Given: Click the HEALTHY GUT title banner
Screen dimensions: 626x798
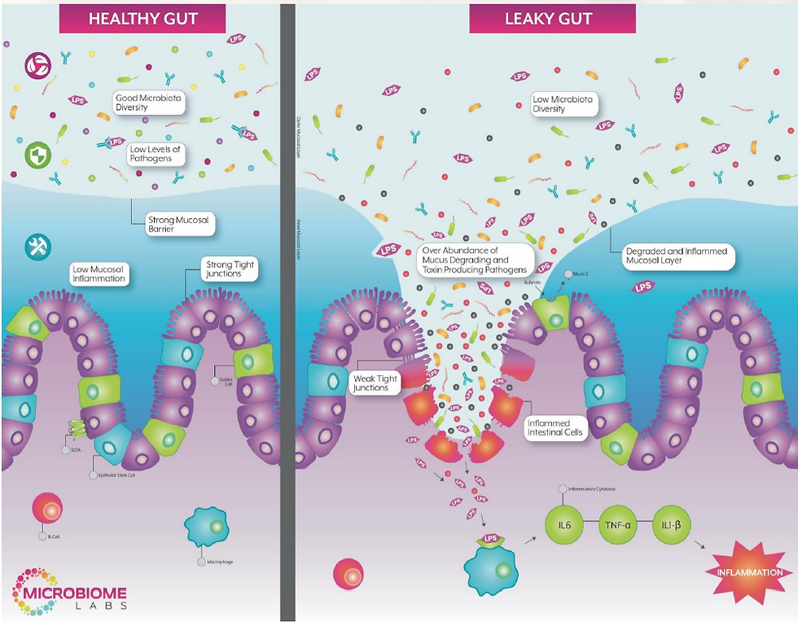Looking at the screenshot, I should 142,18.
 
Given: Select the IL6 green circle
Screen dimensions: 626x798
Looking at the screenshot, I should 564,526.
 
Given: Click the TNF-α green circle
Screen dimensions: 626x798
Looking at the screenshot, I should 617,526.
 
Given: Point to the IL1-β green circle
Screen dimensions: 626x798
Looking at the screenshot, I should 672,526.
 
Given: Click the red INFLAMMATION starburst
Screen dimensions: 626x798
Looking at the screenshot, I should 749,572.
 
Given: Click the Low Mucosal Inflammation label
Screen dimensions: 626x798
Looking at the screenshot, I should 98,274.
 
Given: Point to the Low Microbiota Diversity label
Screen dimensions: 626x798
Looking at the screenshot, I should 564,103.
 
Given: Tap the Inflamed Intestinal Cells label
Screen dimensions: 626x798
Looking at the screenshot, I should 555,428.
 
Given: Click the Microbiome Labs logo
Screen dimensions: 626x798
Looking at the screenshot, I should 69,589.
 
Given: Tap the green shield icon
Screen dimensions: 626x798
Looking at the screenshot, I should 37,155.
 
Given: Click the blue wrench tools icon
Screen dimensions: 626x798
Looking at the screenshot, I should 37,245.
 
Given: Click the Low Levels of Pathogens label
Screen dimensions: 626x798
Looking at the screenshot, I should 155,155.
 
